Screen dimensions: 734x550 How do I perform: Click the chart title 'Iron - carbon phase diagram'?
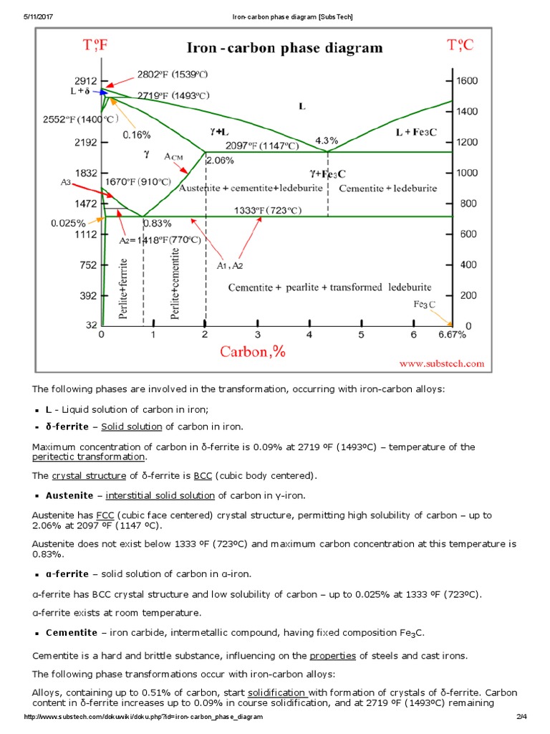pos(284,49)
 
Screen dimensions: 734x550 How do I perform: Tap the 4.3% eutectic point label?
pos(327,140)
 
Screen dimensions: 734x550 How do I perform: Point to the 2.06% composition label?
pos(220,161)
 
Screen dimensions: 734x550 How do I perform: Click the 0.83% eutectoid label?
pos(157,223)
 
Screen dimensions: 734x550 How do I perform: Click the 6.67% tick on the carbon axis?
pos(452,334)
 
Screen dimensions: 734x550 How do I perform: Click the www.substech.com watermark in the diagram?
pos(442,364)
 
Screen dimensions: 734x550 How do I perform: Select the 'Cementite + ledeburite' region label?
pos(387,188)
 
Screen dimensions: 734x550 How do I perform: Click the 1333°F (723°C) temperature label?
pos(268,210)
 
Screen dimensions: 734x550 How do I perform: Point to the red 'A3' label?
pos(66,183)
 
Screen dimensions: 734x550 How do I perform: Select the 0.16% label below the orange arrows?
pos(137,134)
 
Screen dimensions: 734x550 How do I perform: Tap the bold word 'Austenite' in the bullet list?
pos(69,495)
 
